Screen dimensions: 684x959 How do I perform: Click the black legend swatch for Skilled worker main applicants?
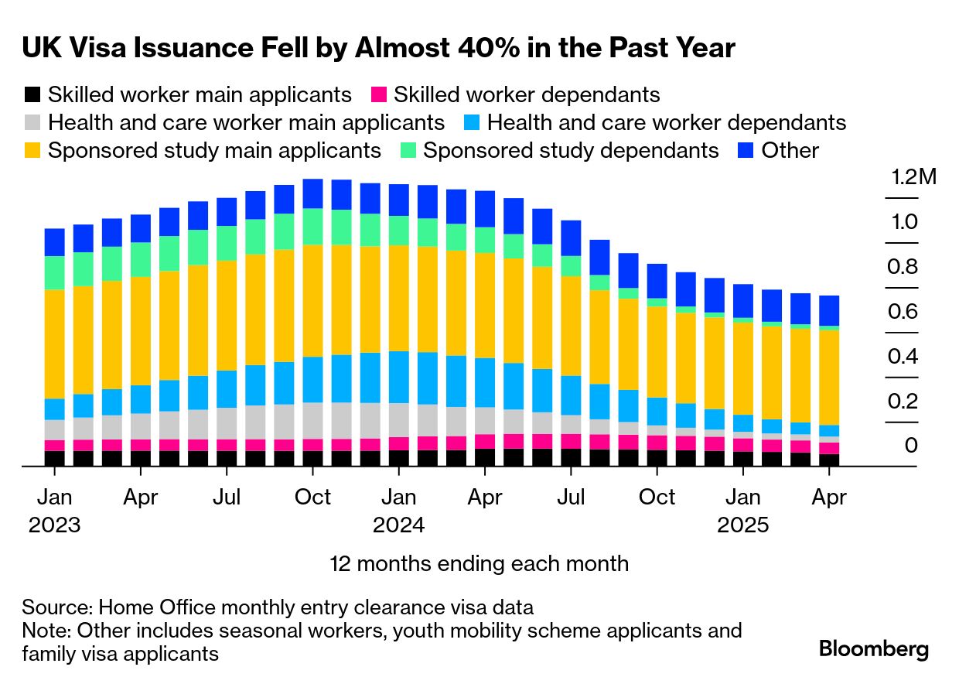pyautogui.click(x=32, y=95)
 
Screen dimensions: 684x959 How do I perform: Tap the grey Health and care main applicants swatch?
pyautogui.click(x=32, y=123)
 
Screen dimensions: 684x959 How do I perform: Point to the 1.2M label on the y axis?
pyautogui.click(x=913, y=177)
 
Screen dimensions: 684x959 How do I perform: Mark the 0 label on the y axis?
pyautogui.click(x=910, y=446)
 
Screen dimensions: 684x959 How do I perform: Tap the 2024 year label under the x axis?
pyautogui.click(x=398, y=525)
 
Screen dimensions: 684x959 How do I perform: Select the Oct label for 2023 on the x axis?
pyautogui.click(x=313, y=497)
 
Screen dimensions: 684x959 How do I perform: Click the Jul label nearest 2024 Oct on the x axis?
pyautogui.click(x=572, y=497)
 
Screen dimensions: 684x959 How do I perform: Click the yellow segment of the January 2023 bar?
pyautogui.click(x=54, y=344)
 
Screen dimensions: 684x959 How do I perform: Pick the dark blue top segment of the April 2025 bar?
pyautogui.click(x=829, y=310)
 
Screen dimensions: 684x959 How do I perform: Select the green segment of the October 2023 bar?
pyautogui.click(x=312, y=226)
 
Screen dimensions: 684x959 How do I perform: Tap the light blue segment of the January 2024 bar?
pyautogui.click(x=398, y=377)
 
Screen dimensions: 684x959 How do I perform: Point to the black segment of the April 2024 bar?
pyautogui.click(x=485, y=457)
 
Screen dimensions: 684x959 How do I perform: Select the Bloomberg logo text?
pyautogui.click(x=874, y=648)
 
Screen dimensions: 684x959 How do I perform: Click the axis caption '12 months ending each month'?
pyautogui.click(x=479, y=563)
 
